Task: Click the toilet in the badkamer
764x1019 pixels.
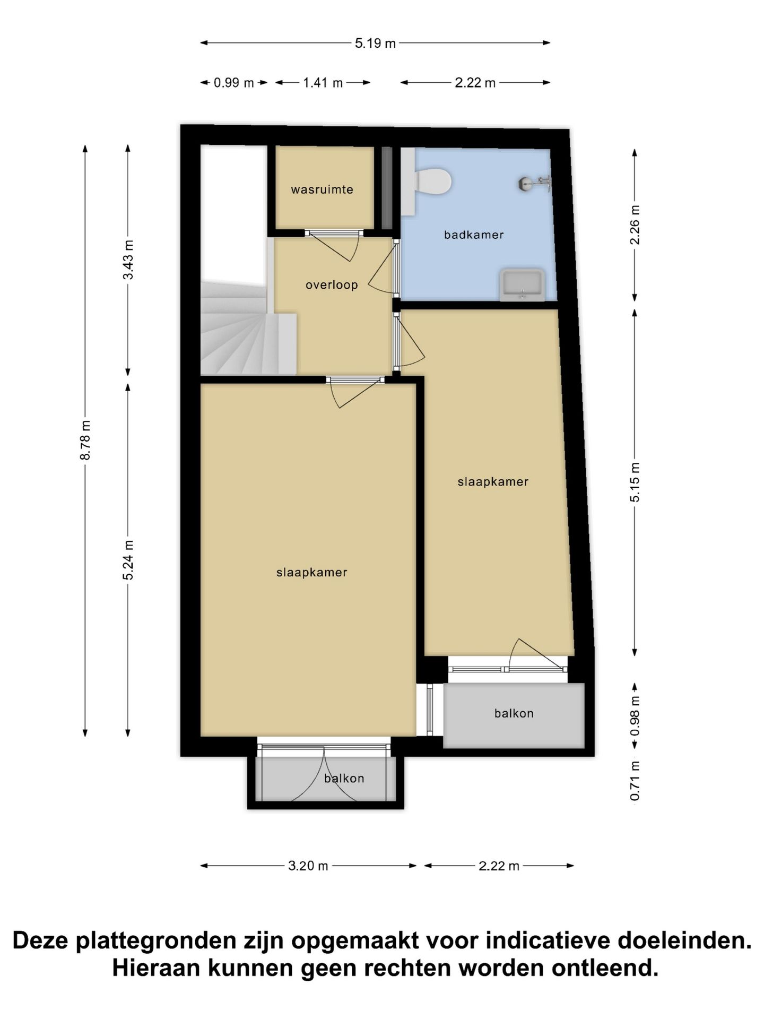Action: tap(432, 182)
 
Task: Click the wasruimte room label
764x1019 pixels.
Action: tap(322, 189)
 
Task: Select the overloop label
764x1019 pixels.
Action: tap(332, 285)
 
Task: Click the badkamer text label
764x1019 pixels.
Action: tap(474, 235)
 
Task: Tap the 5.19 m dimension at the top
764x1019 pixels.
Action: tap(375, 43)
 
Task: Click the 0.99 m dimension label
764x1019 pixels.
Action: tap(233, 83)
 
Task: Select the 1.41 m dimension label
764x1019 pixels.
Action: tap(323, 83)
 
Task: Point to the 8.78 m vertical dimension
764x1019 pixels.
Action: tap(85, 440)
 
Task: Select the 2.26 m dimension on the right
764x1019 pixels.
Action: tap(635, 224)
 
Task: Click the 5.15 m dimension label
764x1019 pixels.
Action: tap(635, 482)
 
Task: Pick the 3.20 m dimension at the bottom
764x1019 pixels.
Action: tap(308, 866)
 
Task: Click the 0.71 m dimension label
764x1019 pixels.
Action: tap(635, 781)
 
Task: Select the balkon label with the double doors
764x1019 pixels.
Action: tap(344, 779)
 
